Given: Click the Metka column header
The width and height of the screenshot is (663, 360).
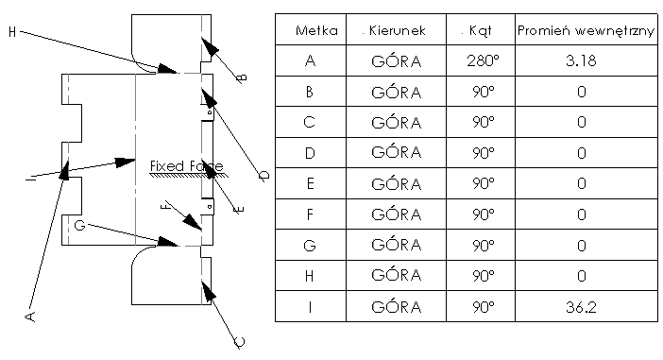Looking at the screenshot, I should click(x=311, y=31).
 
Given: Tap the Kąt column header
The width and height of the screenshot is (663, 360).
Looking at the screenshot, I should click(x=480, y=31).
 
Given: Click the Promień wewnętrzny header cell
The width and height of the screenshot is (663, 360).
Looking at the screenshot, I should click(x=586, y=31).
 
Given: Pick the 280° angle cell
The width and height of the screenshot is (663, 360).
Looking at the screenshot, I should click(x=481, y=61).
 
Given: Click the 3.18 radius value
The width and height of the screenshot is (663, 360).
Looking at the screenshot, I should click(x=581, y=61).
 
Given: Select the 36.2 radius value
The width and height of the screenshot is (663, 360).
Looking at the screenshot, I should click(x=581, y=306).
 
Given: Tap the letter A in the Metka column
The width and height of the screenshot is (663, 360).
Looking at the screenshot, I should click(x=310, y=61).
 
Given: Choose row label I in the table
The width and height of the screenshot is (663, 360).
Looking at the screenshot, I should click(x=310, y=306).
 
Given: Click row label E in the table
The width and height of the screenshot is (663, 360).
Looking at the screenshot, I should click(x=310, y=183).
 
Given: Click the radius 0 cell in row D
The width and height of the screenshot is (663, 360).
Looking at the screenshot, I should click(x=581, y=153).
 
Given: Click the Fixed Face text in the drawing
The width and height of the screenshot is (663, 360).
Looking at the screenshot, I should click(x=185, y=166).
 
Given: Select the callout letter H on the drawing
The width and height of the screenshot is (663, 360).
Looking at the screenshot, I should click(x=12, y=32).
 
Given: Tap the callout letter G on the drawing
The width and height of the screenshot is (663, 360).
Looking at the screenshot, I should click(x=79, y=225).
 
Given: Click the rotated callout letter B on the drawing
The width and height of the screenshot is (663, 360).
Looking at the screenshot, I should click(x=241, y=77).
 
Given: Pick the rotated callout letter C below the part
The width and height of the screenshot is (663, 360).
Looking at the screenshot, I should click(x=239, y=344).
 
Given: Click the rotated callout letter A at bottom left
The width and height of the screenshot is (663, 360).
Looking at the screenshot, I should click(x=30, y=315).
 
